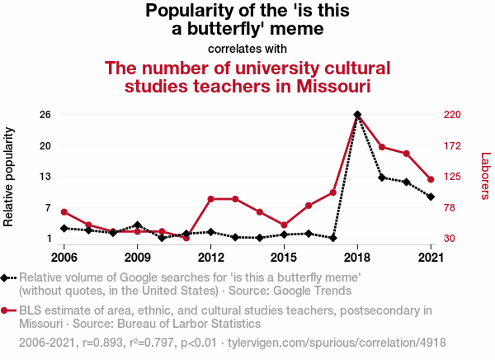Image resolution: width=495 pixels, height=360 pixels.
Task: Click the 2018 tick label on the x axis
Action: point(357,257)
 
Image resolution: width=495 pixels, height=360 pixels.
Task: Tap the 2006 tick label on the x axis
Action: point(64,257)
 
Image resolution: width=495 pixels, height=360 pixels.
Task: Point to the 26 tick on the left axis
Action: point(46,114)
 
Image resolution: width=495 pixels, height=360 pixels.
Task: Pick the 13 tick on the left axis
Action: point(46,176)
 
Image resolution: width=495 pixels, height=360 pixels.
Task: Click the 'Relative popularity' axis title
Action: point(10,177)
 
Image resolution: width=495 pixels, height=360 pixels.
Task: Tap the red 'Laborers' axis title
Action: point(485,176)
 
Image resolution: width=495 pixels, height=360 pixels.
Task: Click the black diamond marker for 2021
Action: point(431,197)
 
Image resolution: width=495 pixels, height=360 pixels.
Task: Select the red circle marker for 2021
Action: point(431,179)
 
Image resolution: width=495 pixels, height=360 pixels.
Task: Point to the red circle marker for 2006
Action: point(64,212)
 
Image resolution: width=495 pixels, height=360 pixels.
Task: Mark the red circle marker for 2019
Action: point(382,147)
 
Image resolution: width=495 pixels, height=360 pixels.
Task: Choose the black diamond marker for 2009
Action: point(137,225)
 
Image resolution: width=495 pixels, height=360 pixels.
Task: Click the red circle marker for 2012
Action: point(210,199)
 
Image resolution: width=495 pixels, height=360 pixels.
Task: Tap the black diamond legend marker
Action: point(7,278)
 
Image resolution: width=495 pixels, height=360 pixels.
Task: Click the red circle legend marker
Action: point(7,310)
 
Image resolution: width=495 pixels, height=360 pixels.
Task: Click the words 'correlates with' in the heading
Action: point(247,49)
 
